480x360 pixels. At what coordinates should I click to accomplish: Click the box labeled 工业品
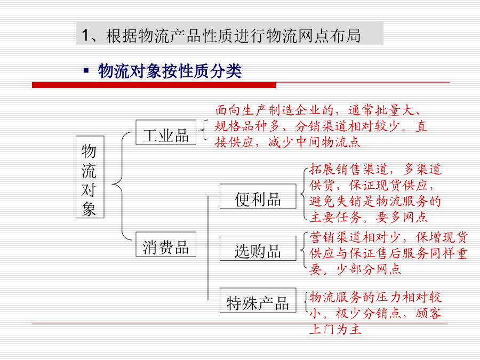click(x=166, y=132)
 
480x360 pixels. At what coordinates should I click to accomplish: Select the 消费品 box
click(x=166, y=244)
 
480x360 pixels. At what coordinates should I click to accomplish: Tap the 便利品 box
click(x=258, y=196)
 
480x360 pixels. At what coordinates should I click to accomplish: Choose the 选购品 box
click(x=258, y=248)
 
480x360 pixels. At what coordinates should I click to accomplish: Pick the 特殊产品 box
click(x=258, y=300)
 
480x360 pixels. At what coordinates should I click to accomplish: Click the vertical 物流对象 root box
click(x=90, y=177)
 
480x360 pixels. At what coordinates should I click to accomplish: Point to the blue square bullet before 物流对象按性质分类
click(x=86, y=71)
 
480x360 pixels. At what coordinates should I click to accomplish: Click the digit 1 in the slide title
click(x=85, y=36)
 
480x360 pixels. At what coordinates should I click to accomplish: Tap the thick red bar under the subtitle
click(x=154, y=85)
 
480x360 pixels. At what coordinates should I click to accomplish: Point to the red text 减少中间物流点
click(x=314, y=142)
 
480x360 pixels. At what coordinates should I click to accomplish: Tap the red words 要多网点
click(x=402, y=217)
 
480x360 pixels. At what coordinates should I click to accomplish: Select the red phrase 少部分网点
click(x=369, y=269)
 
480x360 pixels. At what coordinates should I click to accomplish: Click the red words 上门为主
click(x=335, y=329)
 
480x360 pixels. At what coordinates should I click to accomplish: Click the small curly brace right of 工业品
click(x=204, y=130)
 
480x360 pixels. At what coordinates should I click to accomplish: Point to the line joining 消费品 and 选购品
click(x=208, y=244)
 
